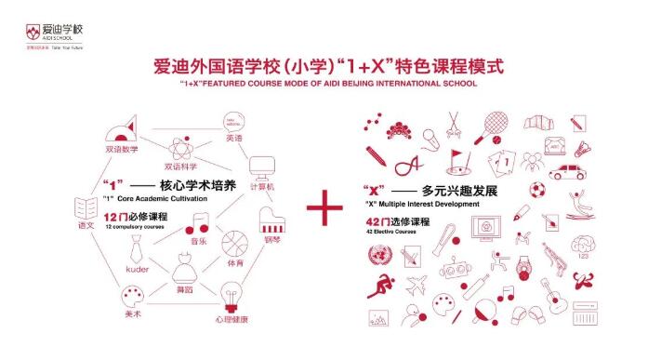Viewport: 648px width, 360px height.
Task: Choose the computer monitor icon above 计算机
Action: (x=258, y=167)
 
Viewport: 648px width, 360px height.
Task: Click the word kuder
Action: (x=137, y=270)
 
